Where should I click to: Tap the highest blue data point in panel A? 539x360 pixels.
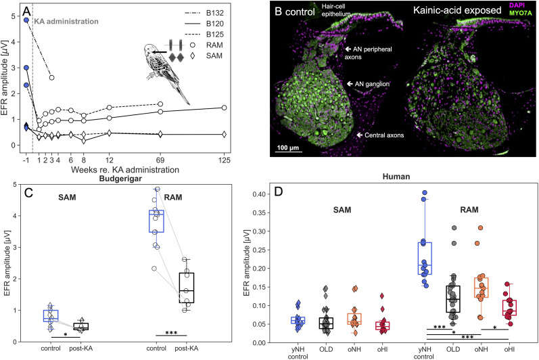pyautogui.click(x=26, y=20)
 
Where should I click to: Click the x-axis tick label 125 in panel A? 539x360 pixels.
pyautogui.click(x=224, y=160)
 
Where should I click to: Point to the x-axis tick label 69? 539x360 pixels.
pyautogui.click(x=160, y=160)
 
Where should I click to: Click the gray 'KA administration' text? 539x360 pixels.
pyautogui.click(x=66, y=22)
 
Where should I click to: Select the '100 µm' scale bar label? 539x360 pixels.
pyautogui.click(x=288, y=148)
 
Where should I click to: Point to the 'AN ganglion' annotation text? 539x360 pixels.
pyautogui.click(x=372, y=84)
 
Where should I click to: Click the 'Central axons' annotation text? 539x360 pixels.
pyautogui.click(x=384, y=135)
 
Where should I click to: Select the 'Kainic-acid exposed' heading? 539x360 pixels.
pyautogui.click(x=457, y=10)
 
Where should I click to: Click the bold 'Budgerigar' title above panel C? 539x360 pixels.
pyautogui.click(x=120, y=179)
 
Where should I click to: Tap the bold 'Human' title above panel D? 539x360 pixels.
pyautogui.click(x=396, y=177)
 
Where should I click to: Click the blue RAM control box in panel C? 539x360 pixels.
pyautogui.click(x=156, y=221)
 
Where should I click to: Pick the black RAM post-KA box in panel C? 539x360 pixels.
pyautogui.click(x=186, y=288)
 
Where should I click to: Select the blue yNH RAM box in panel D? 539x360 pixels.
pyautogui.click(x=425, y=258)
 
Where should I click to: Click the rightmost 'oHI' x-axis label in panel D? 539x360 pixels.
pyautogui.click(x=509, y=349)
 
